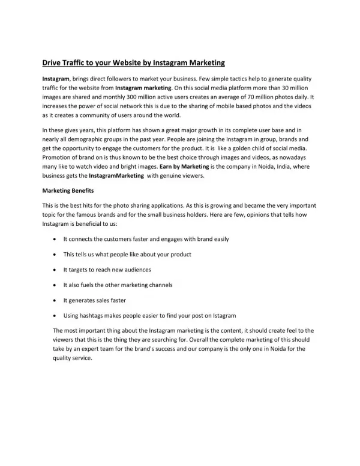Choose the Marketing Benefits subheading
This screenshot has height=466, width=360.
67,191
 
